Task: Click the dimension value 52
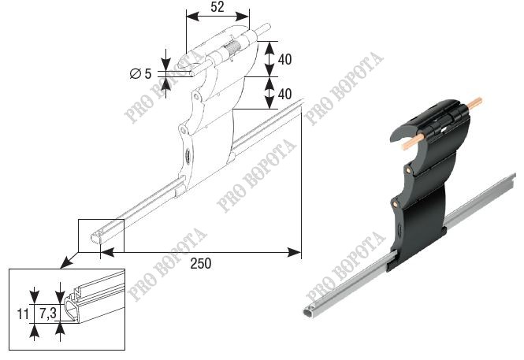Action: (x=217, y=6)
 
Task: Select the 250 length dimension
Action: (x=201, y=263)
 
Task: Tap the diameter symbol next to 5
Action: (x=136, y=73)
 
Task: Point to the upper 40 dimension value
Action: (x=284, y=59)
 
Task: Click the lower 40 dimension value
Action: (x=284, y=94)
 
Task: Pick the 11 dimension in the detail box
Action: (x=23, y=314)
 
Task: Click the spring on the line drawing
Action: (x=232, y=48)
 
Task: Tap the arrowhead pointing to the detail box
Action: (x=65, y=263)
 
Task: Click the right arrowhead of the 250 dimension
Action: (x=295, y=252)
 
